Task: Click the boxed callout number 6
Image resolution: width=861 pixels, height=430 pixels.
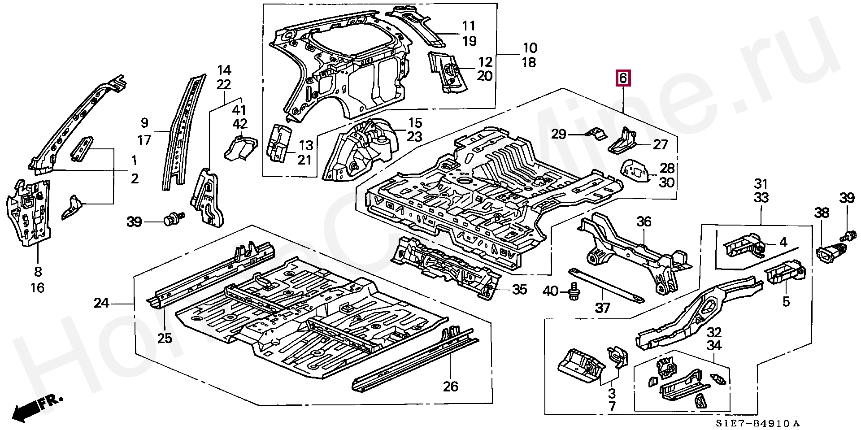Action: click(x=623, y=78)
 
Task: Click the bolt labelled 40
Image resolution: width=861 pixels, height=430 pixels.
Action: click(x=573, y=291)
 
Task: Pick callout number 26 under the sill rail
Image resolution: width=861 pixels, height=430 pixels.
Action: click(x=451, y=386)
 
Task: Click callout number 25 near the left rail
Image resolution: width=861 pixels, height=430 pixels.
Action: click(x=165, y=338)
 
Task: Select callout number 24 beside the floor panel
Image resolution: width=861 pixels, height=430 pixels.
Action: click(x=101, y=303)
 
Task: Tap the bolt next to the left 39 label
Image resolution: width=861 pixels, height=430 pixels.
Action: click(x=173, y=218)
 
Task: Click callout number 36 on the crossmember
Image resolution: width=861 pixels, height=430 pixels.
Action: click(x=644, y=222)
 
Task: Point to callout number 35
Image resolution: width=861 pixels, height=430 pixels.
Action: click(x=519, y=289)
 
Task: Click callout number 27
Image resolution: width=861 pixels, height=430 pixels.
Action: click(x=661, y=144)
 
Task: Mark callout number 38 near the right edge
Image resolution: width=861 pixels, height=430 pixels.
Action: click(x=822, y=213)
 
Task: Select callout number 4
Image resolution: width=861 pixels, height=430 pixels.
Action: click(x=783, y=242)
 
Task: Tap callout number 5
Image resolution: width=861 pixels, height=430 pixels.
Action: click(x=786, y=301)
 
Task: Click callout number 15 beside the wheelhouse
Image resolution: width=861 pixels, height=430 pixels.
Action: click(x=415, y=122)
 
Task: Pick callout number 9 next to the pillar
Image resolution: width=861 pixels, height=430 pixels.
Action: click(x=144, y=122)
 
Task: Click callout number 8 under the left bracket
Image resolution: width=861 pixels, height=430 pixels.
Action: click(x=38, y=271)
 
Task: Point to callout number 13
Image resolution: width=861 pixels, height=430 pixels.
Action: click(x=306, y=145)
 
